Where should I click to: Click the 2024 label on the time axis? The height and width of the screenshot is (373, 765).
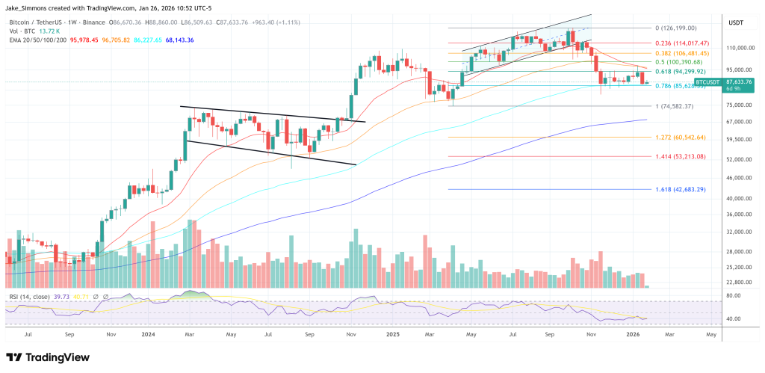pyautogui.click(x=148, y=336)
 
